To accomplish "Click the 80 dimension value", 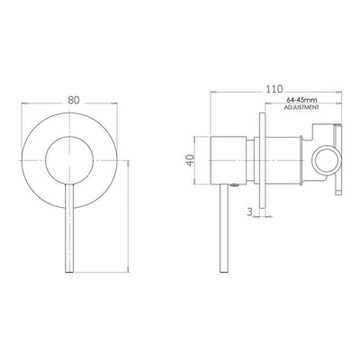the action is [74, 100].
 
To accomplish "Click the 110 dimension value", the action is [274, 89].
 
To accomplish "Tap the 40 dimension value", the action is [190, 160].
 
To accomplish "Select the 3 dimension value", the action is [249, 211].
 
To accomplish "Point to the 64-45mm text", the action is [301, 100].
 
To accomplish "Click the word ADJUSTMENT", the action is [301, 107].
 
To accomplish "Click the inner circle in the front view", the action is [69, 160].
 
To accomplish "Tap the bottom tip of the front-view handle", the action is [69, 272].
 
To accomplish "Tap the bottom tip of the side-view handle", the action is [224, 272].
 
